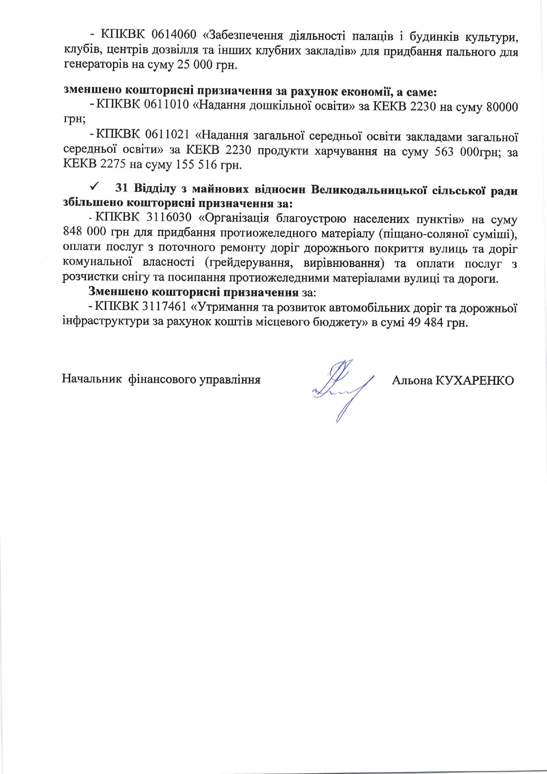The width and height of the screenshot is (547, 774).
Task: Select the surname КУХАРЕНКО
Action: coord(475,380)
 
